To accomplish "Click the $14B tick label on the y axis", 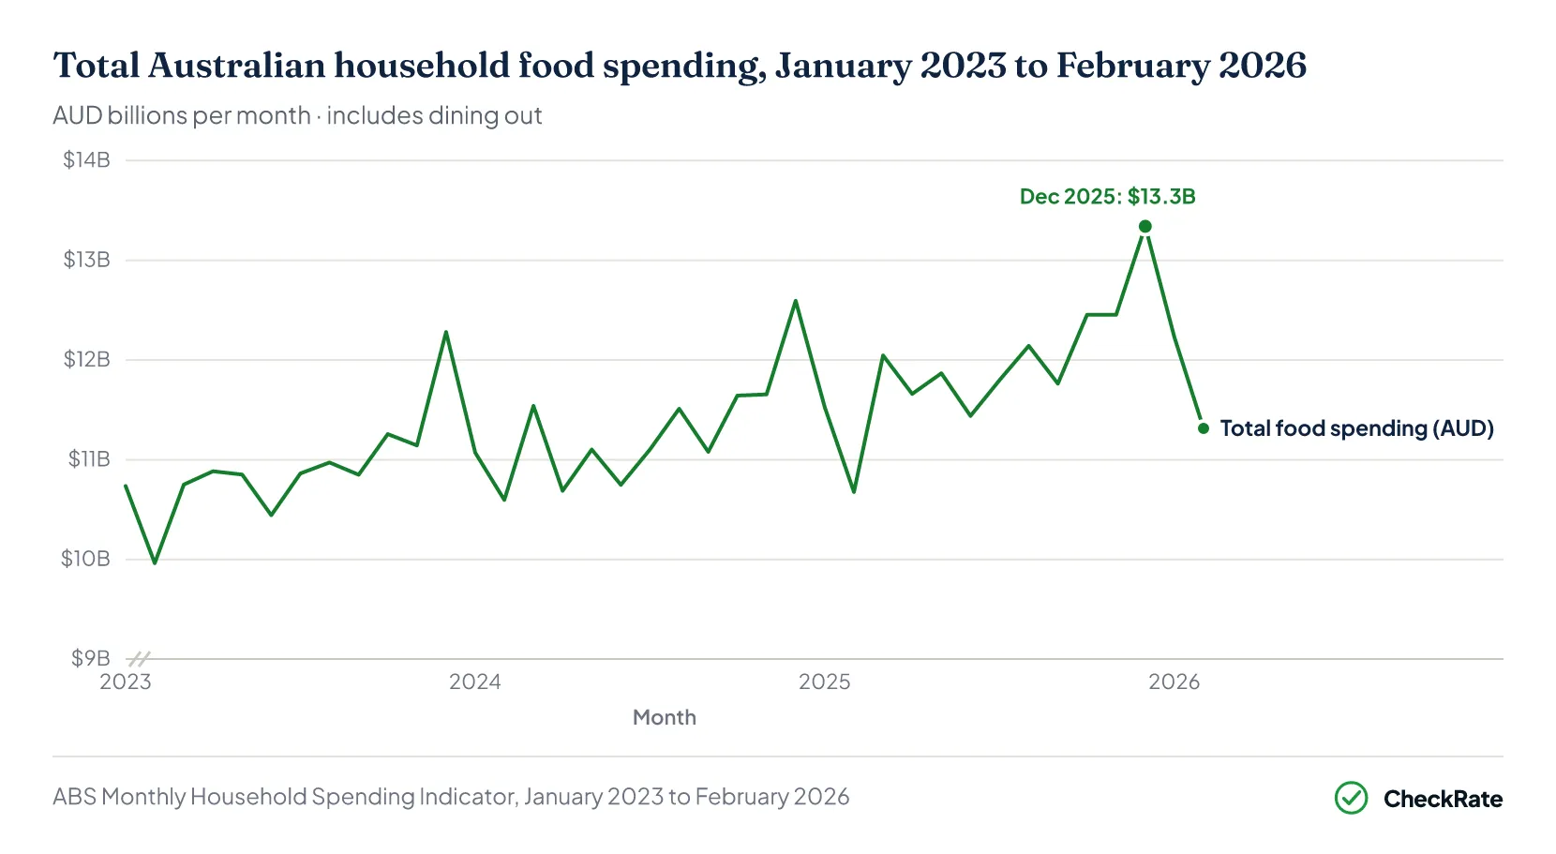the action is [x=87, y=159].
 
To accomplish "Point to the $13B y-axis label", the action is [x=87, y=260].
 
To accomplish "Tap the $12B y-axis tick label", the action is [x=87, y=359].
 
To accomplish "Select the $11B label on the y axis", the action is [x=89, y=459].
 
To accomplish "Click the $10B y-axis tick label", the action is [x=85, y=559].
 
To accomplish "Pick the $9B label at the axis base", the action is [x=90, y=658].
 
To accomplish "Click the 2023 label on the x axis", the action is [x=126, y=682].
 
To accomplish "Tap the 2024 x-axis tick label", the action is [x=475, y=682].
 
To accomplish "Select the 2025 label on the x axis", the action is [x=825, y=682].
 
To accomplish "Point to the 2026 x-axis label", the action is [x=1174, y=682].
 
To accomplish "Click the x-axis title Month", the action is [x=664, y=718].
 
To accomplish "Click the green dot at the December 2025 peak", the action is [x=1145, y=227].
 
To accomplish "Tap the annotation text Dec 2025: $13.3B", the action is [x=1107, y=197].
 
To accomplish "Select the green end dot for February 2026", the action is [x=1204, y=428].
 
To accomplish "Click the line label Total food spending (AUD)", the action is [x=1356, y=428].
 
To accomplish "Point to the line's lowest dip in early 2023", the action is [x=155, y=562].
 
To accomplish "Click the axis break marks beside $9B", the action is [x=140, y=659].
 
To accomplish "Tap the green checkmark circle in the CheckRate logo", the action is [x=1351, y=798].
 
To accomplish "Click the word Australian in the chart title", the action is [x=237, y=66].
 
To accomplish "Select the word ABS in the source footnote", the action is [x=74, y=796].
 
